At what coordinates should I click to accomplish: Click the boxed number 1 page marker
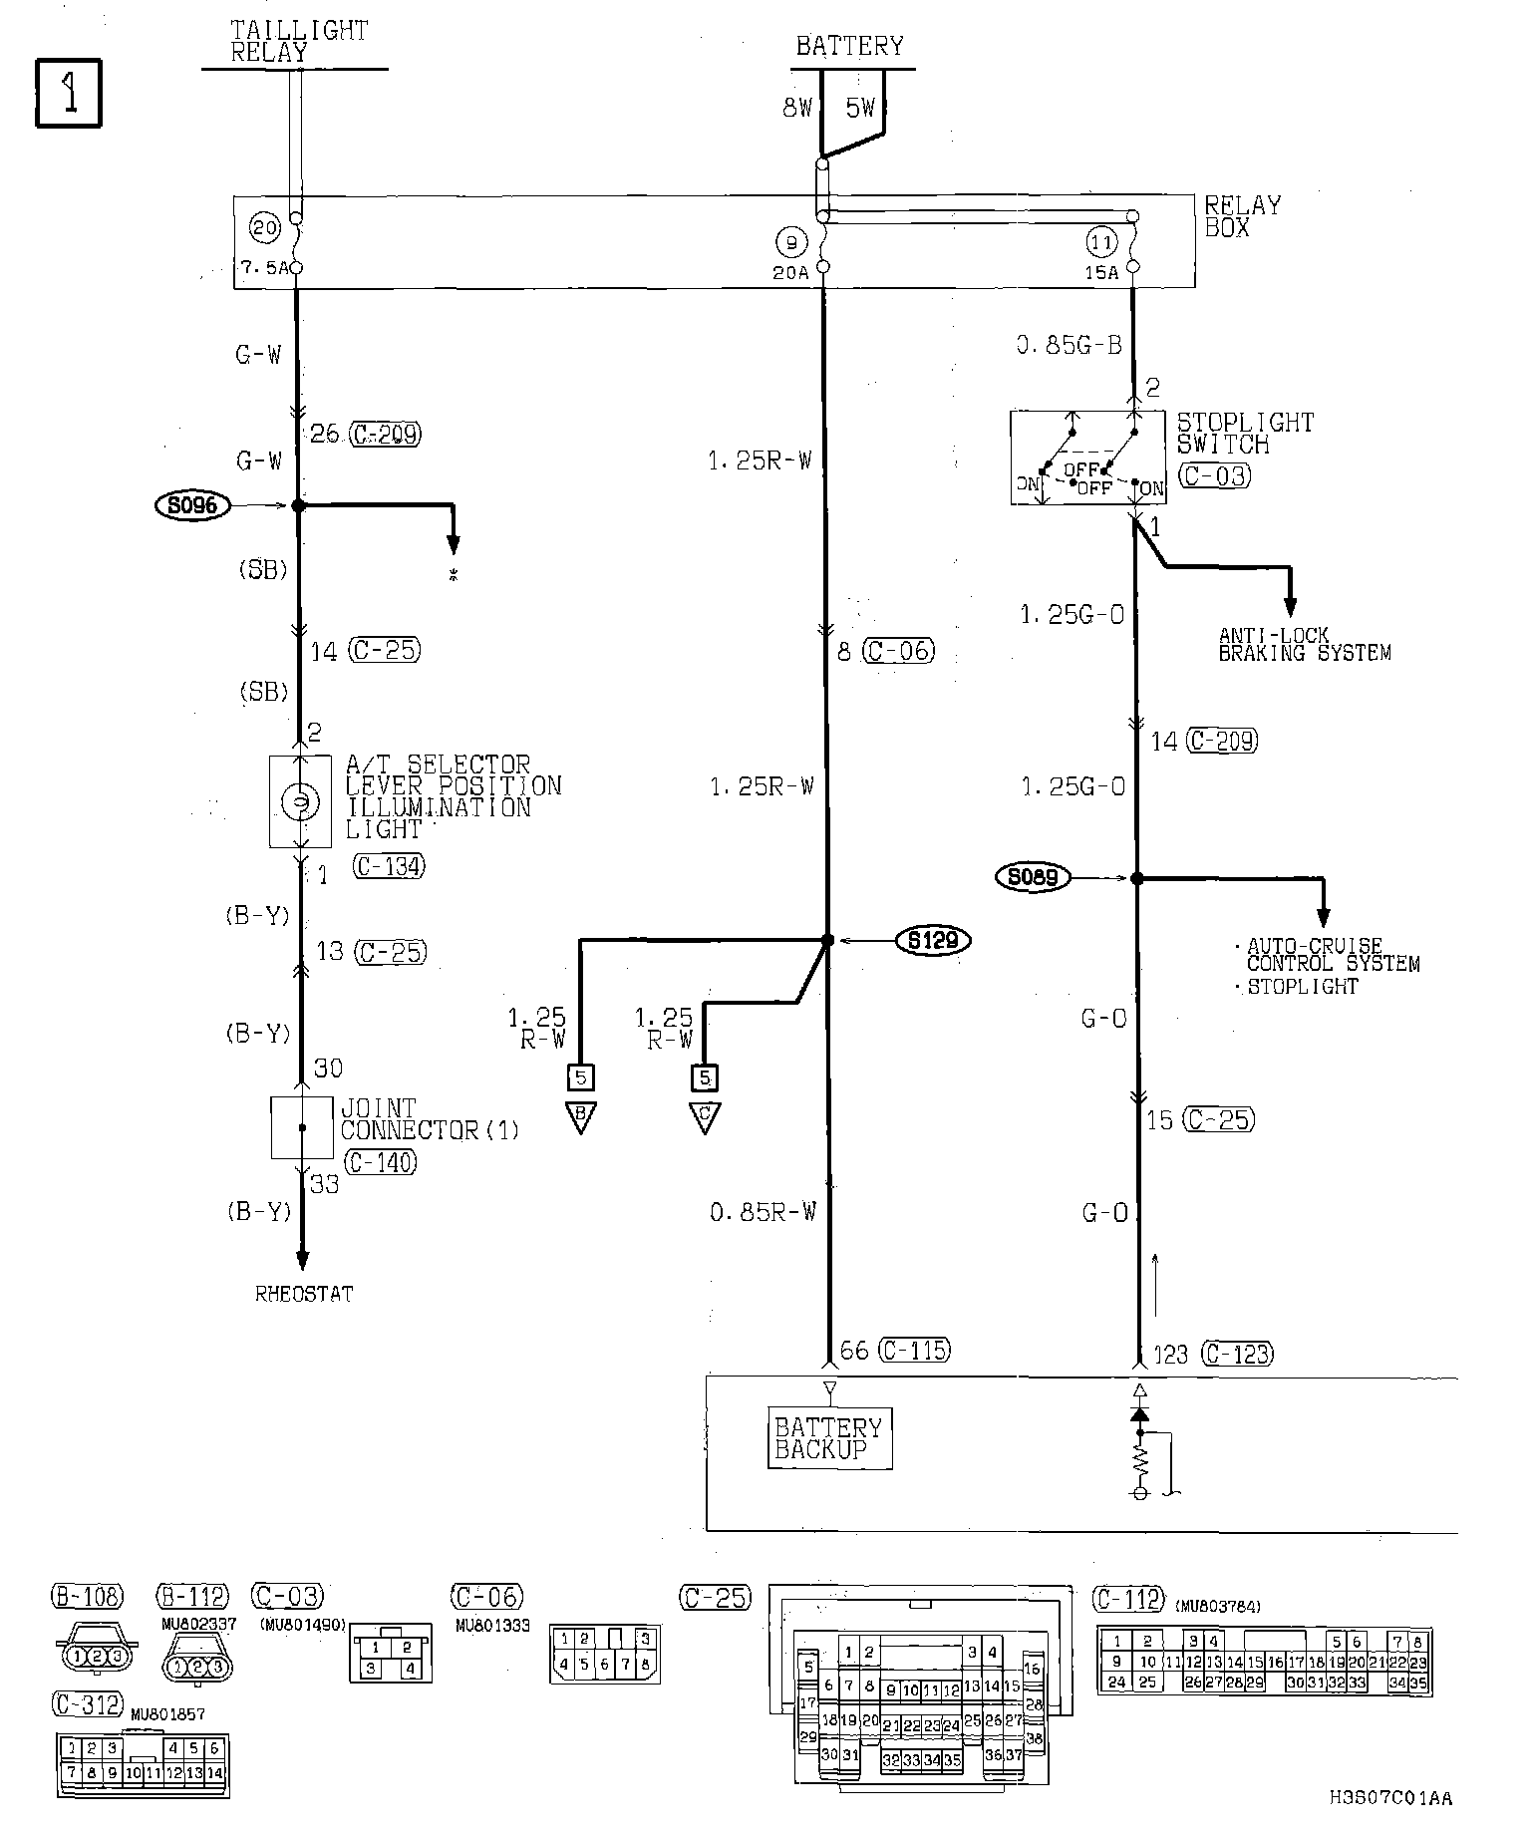pos(69,94)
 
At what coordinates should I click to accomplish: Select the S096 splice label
pos(192,505)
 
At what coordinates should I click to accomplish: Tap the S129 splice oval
pos(933,939)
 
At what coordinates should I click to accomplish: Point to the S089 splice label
pos(1033,877)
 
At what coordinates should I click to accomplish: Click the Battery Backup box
pos(829,1438)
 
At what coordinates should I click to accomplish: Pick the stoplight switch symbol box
pos(1087,458)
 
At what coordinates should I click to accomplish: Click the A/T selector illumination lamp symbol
pos(299,801)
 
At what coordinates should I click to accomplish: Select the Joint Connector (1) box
pos(301,1127)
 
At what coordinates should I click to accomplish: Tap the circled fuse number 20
pos(265,229)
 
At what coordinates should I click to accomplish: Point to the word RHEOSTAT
pos(304,1294)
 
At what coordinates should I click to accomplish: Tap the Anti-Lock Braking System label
pos(1304,644)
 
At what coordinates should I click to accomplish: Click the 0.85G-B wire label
pos(1069,345)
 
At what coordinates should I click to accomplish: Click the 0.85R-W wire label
pos(763,1212)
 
